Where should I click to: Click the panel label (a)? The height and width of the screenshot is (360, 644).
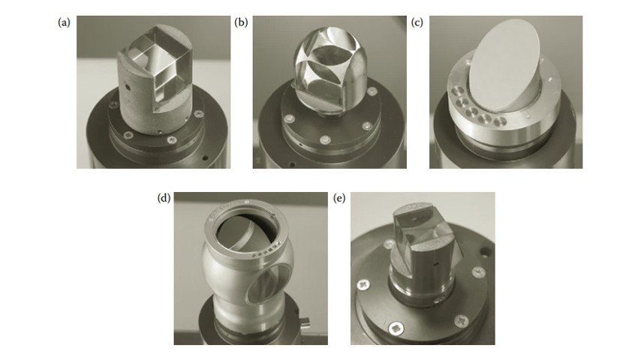64,22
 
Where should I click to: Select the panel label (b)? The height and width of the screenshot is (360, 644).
241,22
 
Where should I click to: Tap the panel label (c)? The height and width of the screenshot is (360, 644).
417,22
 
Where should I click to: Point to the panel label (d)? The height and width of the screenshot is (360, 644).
164,198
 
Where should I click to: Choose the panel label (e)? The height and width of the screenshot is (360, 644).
340,198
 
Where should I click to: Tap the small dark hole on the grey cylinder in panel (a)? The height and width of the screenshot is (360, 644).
128,88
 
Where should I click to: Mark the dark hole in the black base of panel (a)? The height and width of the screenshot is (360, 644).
206,157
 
